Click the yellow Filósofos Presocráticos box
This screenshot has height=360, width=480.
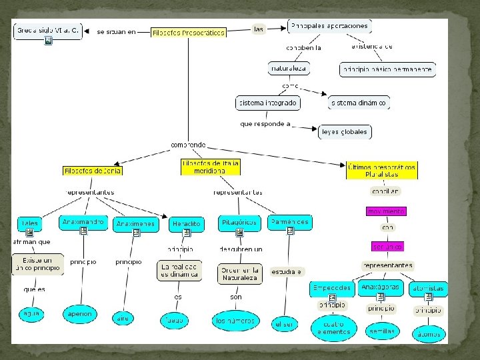tap(189, 32)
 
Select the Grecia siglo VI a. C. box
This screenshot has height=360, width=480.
tap(48, 30)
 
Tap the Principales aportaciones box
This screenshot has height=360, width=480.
tap(329, 26)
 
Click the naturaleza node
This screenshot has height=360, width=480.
tap(289, 68)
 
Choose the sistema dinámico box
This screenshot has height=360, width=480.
tap(358, 103)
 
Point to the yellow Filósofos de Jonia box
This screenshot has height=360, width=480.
tap(93, 171)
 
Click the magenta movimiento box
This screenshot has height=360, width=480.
tap(386, 211)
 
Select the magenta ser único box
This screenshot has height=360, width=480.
tap(387, 247)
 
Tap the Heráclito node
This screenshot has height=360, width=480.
tap(186, 224)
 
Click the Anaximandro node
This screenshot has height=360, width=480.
tap(83, 221)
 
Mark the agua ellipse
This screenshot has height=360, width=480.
tap(32, 313)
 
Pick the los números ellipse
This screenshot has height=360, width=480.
tap(235, 321)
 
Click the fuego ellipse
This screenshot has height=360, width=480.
tap(175, 321)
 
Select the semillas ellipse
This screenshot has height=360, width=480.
tap(381, 331)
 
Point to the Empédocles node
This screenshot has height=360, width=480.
tap(331, 288)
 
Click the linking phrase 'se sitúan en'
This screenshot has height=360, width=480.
tap(116, 31)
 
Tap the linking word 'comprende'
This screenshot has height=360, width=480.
tap(188, 145)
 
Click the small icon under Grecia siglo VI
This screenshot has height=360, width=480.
tap(48, 41)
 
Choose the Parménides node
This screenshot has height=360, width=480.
tap(290, 221)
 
